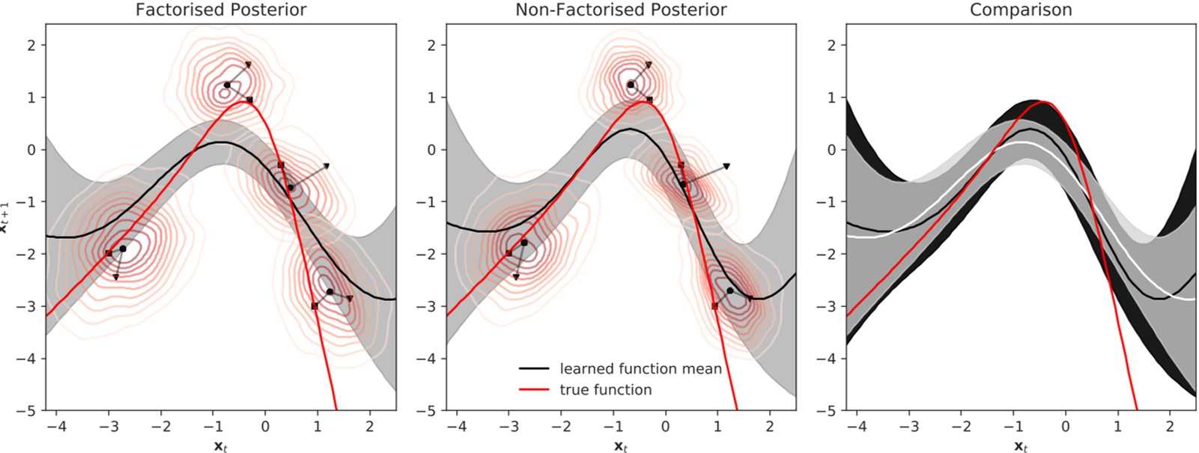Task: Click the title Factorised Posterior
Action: [x=220, y=10]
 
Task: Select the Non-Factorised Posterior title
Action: [x=621, y=10]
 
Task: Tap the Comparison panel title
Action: [x=1021, y=10]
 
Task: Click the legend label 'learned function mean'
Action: [x=641, y=368]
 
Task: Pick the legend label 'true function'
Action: [x=606, y=389]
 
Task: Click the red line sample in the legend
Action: [x=534, y=389]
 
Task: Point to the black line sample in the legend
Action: [x=534, y=368]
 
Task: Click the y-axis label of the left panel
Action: [x=4, y=219]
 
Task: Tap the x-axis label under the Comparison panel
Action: [x=1022, y=446]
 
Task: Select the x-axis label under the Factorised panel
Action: [x=220, y=446]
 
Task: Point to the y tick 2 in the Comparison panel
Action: [x=831, y=45]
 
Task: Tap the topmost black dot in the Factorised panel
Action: [x=227, y=85]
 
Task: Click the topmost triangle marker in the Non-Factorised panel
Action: [x=649, y=65]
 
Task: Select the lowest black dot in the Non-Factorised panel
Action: [x=730, y=291]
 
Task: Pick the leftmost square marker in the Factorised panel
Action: [x=109, y=253]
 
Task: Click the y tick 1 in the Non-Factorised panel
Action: [x=431, y=97]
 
